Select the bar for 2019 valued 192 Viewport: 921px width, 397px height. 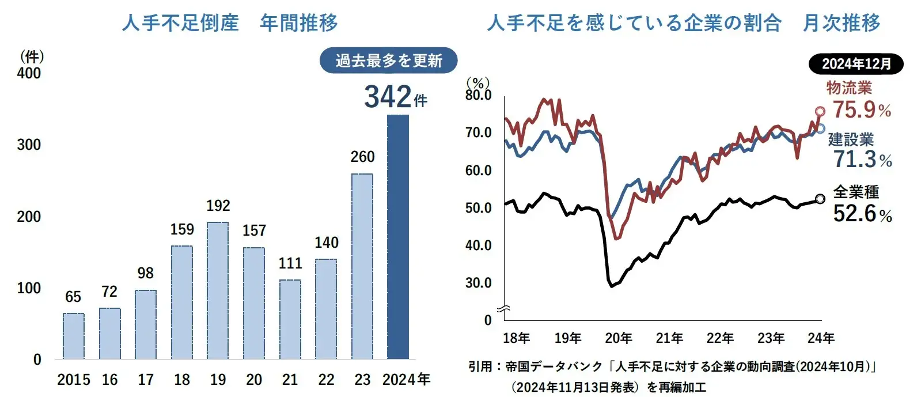(x=218, y=290)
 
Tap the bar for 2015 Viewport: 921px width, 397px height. (x=73, y=336)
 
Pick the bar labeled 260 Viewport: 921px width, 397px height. (x=362, y=266)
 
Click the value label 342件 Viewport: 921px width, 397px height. (x=396, y=97)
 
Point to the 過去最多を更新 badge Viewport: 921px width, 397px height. (x=389, y=61)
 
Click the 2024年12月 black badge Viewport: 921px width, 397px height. (x=856, y=64)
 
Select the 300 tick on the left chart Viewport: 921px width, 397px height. (x=29, y=145)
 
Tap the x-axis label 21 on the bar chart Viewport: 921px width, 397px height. (x=290, y=380)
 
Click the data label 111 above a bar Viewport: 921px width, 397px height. (x=290, y=263)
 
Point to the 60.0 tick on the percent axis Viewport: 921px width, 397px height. (x=479, y=171)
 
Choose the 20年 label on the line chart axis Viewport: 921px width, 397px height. (x=618, y=338)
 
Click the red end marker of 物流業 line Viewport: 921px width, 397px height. (x=820, y=112)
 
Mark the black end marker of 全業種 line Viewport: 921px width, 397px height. (x=820, y=199)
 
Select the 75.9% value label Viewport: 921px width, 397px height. (x=862, y=109)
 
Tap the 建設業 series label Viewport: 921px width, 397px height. (x=851, y=139)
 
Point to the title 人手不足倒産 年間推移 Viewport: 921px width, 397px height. (x=230, y=23)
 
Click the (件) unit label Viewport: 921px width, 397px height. (x=32, y=56)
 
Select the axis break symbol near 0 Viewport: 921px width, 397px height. (x=504, y=311)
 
